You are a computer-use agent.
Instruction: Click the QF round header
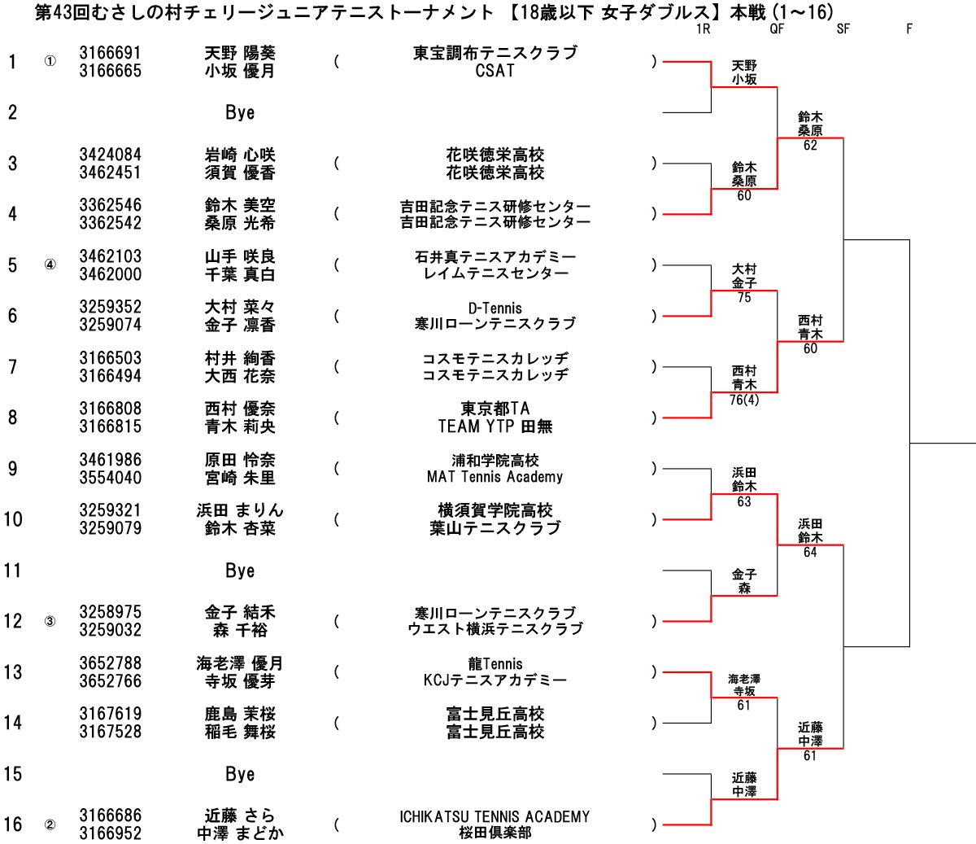point(777,28)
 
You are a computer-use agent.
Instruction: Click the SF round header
point(843,28)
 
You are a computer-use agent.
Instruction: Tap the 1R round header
point(703,28)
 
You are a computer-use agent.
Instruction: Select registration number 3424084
point(110,155)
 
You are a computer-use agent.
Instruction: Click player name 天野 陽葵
point(240,53)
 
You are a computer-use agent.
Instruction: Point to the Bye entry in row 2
point(240,112)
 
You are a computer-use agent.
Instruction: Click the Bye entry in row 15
point(240,774)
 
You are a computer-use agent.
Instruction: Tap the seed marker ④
point(50,265)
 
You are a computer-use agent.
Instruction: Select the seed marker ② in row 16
point(50,824)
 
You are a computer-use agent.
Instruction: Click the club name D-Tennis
point(495,308)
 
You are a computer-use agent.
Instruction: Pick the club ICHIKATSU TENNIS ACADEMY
point(495,816)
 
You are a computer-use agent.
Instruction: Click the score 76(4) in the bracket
point(744,400)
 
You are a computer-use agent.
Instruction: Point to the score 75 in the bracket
point(744,298)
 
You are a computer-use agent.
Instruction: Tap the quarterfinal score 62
point(810,146)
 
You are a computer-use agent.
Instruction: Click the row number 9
point(12,469)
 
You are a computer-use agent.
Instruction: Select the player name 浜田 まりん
point(240,510)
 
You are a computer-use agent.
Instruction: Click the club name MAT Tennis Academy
point(495,477)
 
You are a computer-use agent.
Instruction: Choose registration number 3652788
point(110,663)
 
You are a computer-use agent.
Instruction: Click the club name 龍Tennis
point(495,664)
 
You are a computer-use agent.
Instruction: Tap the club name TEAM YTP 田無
point(495,426)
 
